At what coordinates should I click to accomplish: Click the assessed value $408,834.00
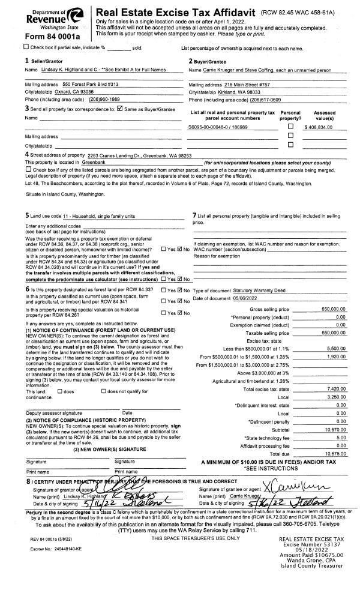(x=323, y=128)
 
